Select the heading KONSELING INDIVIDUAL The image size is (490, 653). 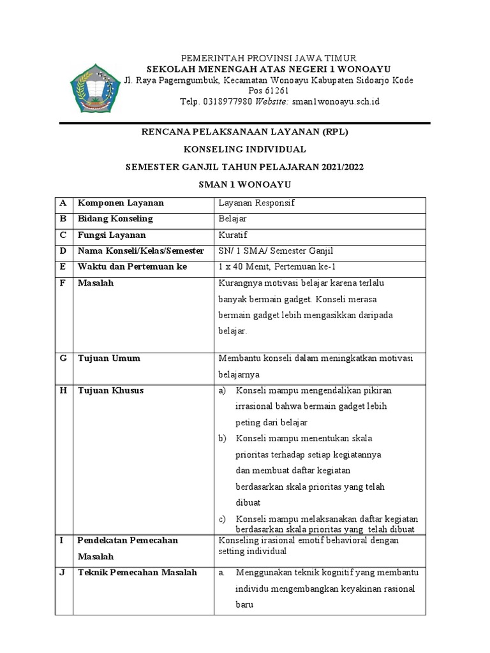tap(245, 149)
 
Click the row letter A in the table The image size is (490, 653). tap(63, 203)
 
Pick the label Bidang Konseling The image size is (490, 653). tap(115, 219)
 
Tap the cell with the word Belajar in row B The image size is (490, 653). tap(232, 219)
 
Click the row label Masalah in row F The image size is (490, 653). tap(96, 282)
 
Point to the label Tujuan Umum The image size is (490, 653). tap(109, 358)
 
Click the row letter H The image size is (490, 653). tap(63, 390)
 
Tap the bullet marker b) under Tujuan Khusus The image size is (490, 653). tap(223, 439)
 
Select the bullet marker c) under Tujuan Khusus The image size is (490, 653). tap(223, 519)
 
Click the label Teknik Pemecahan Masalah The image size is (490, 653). tap(137, 572)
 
